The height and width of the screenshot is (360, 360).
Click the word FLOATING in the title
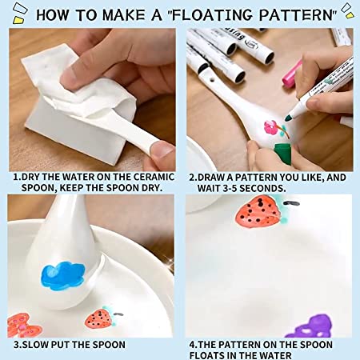point(212,14)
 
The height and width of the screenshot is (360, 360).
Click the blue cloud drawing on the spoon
point(63,275)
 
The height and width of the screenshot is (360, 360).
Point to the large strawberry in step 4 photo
point(258,212)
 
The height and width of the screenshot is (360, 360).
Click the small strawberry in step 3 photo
point(98,318)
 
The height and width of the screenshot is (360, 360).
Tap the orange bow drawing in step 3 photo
point(22,326)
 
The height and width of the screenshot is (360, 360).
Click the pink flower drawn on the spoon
point(270,128)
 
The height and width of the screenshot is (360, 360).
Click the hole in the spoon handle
point(212,79)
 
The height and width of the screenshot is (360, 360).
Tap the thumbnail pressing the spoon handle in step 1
point(162,150)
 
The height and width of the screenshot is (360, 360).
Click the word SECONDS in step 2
point(262,188)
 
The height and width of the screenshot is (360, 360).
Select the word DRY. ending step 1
point(152,188)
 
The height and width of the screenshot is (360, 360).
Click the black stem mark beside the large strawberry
point(291,203)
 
